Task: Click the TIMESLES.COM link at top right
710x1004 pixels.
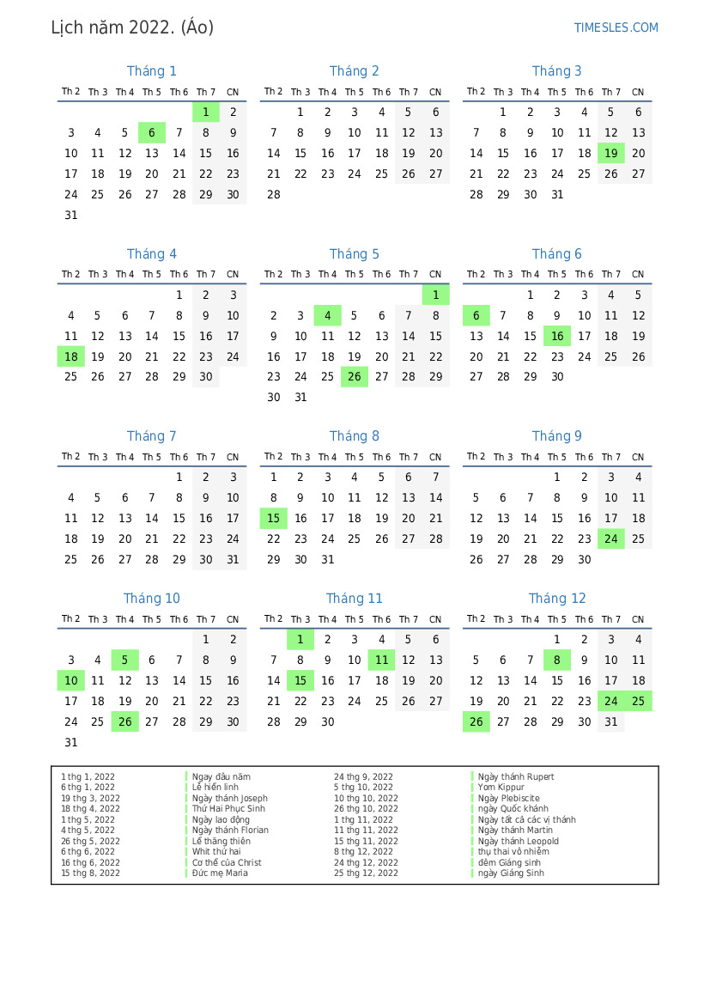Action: [x=616, y=27]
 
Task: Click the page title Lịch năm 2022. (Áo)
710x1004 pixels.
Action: [x=132, y=27]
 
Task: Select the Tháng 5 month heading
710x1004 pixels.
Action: [x=354, y=254]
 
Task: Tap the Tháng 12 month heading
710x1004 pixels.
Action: [x=557, y=599]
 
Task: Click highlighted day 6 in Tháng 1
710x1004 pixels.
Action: [x=152, y=133]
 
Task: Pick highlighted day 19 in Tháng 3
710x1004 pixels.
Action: [x=611, y=154]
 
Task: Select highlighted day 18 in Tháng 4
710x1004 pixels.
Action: [x=71, y=357]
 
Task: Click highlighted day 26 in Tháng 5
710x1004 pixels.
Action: [x=355, y=377]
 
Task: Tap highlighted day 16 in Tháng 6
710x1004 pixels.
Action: [x=557, y=337]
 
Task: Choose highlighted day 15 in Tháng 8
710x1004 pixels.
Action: [x=274, y=519]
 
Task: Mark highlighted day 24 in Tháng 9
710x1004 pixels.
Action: [x=611, y=539]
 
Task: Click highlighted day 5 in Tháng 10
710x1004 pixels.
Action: [x=125, y=660]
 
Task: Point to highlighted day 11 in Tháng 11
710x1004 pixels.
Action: [x=382, y=660]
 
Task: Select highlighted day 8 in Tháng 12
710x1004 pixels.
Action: [x=557, y=660]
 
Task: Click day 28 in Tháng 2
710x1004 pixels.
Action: [x=274, y=195]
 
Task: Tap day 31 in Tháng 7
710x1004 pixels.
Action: [x=233, y=560]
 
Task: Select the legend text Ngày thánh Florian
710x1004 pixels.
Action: [x=230, y=831]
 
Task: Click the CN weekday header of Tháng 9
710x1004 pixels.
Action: [x=638, y=458]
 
